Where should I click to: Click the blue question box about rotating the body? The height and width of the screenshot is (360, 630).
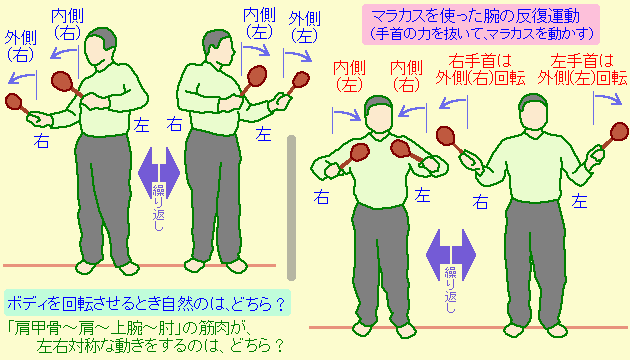[142, 301]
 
